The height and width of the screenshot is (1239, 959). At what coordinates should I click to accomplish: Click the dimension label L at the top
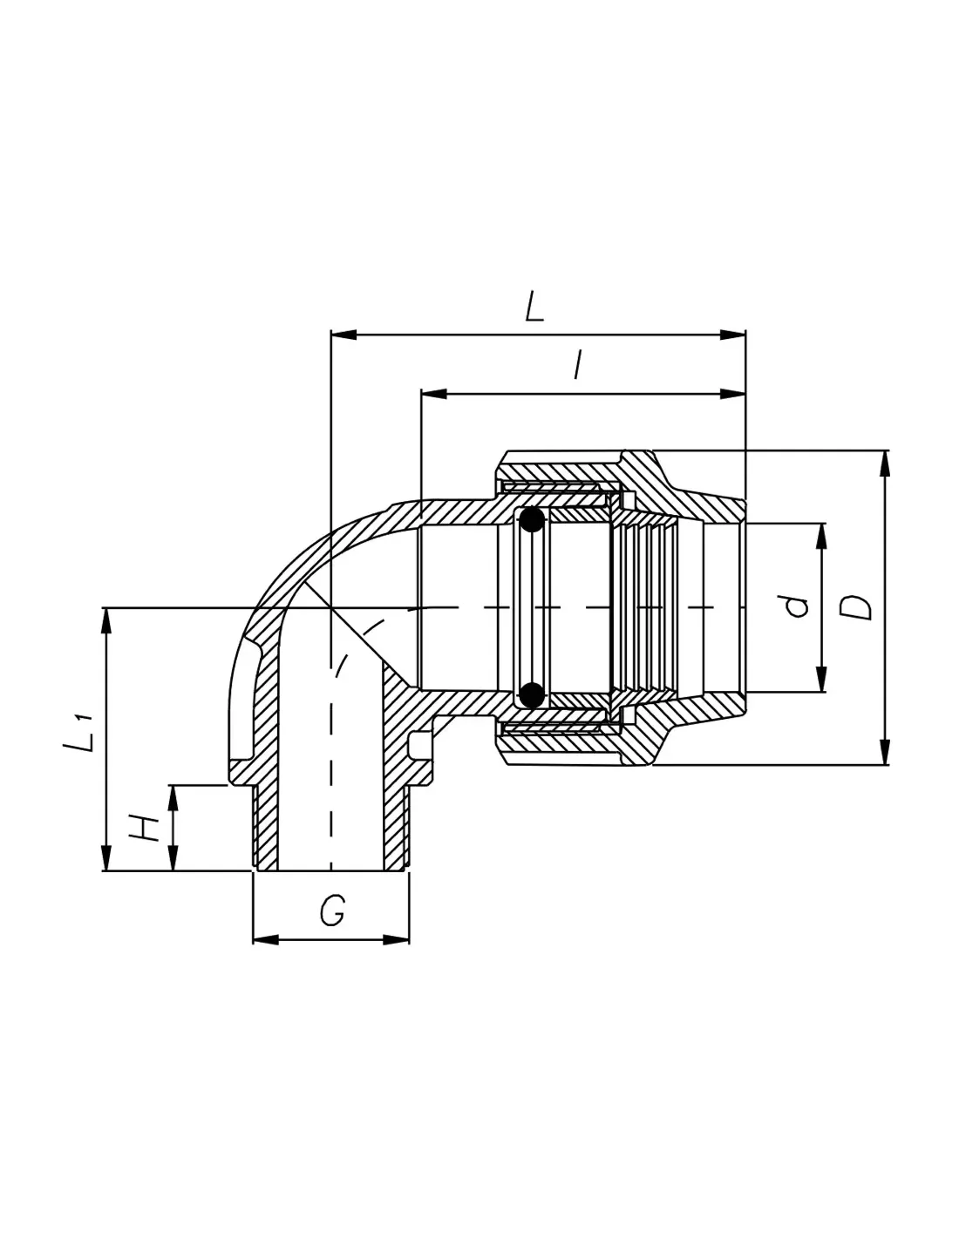(535, 308)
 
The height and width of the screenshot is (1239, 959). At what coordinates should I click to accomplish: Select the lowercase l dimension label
(576, 366)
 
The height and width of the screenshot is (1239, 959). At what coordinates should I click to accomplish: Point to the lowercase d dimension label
(796, 606)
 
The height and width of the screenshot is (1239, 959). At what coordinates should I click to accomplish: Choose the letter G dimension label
(332, 911)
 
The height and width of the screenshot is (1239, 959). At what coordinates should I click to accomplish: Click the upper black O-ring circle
(531, 521)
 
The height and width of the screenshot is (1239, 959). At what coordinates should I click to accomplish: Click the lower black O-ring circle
(531, 694)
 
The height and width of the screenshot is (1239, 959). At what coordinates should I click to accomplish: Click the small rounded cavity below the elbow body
(419, 745)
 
